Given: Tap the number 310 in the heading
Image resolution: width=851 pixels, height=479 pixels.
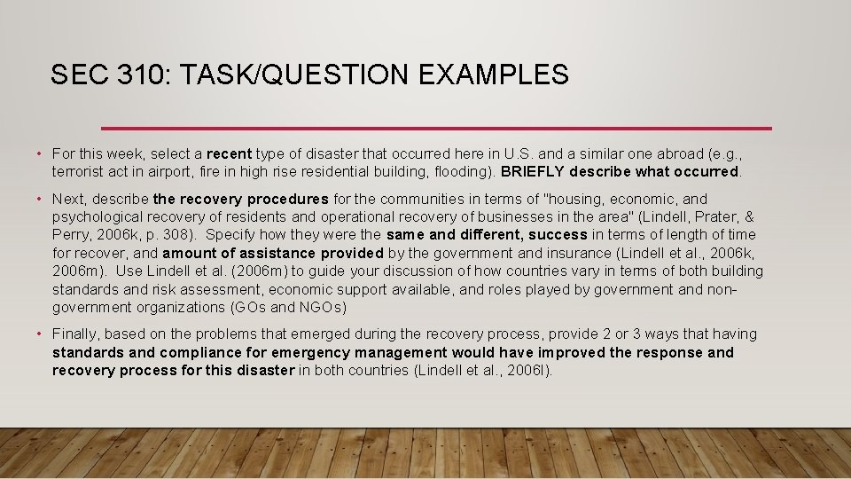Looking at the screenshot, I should pos(140,75).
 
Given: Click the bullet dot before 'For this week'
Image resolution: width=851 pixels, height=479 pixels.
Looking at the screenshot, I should pos(40,153).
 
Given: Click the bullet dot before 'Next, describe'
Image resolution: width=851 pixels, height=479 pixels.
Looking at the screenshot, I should pos(40,200).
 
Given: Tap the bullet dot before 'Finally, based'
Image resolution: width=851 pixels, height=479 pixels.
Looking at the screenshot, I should pos(40,334).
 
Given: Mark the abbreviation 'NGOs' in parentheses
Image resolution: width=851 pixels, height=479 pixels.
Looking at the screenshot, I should pos(322,307).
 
